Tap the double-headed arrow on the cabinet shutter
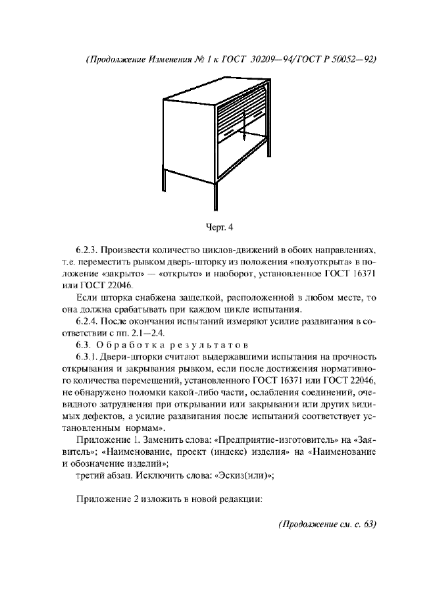[x=243, y=124]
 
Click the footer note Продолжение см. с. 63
[x=327, y=525]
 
